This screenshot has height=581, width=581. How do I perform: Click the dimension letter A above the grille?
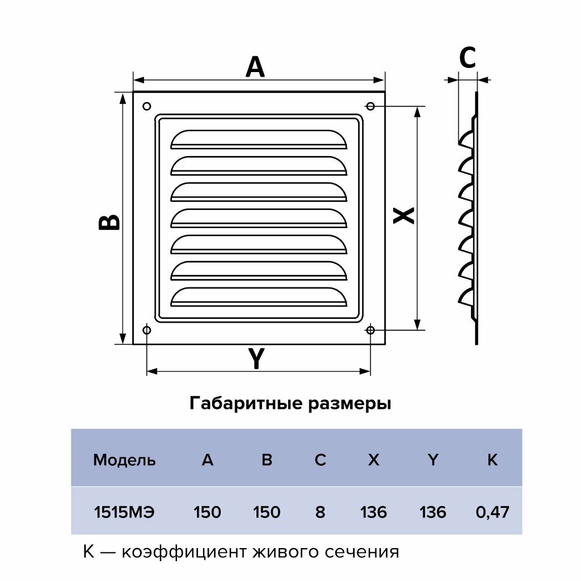point(255,67)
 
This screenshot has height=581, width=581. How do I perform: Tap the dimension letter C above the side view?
point(467,57)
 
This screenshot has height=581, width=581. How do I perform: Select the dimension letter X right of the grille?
point(404,215)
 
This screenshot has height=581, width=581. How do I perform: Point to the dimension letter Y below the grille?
point(256,359)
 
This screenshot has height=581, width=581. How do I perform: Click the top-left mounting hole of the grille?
point(147,106)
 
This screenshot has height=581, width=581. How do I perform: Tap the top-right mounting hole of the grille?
point(371,106)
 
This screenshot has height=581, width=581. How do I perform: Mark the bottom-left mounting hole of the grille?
point(147,330)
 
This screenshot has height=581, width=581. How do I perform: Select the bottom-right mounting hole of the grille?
point(371,330)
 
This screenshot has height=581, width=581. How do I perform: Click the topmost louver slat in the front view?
point(258,140)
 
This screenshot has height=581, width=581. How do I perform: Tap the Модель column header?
point(124,460)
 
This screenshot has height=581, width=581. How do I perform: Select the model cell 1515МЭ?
point(124,512)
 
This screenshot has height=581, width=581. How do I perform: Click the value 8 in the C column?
point(320,512)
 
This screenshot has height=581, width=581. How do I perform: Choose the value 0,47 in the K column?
point(492,512)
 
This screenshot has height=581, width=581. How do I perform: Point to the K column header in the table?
point(492,460)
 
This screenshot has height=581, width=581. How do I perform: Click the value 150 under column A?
point(207,512)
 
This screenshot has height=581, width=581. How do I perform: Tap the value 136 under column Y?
point(433,512)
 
